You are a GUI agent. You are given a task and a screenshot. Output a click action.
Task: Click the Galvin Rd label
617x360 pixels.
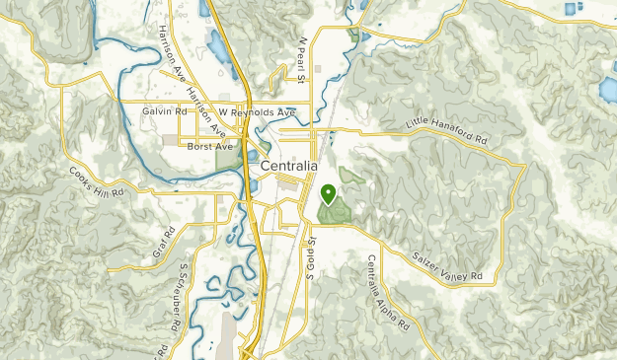[164, 111]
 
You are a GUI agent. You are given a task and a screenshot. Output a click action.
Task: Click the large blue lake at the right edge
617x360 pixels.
[608, 90]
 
